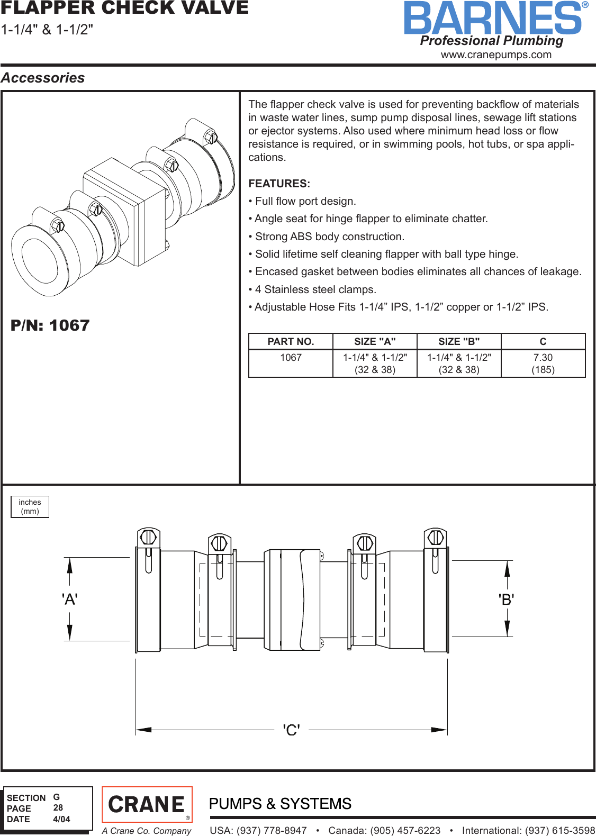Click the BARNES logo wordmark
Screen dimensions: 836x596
click(492, 19)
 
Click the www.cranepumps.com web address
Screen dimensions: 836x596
click(496, 55)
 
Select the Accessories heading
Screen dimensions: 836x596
click(43, 78)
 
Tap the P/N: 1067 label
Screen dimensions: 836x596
click(50, 325)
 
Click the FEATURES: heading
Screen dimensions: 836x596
click(279, 184)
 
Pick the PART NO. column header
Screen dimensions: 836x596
click(291, 342)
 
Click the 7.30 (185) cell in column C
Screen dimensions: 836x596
click(543, 364)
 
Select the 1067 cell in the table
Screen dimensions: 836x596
click(291, 358)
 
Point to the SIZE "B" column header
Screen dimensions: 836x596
click(459, 342)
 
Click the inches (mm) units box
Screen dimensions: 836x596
click(30, 507)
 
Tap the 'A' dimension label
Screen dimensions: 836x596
click(69, 599)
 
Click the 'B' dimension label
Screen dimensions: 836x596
click(506, 599)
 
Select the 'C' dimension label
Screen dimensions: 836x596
click(291, 730)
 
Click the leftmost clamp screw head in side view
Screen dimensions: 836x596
click(148, 537)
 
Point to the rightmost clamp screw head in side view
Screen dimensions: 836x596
click(436, 537)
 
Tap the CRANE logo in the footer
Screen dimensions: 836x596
click(147, 805)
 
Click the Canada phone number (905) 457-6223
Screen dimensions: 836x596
click(384, 830)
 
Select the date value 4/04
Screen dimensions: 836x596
click(61, 819)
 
